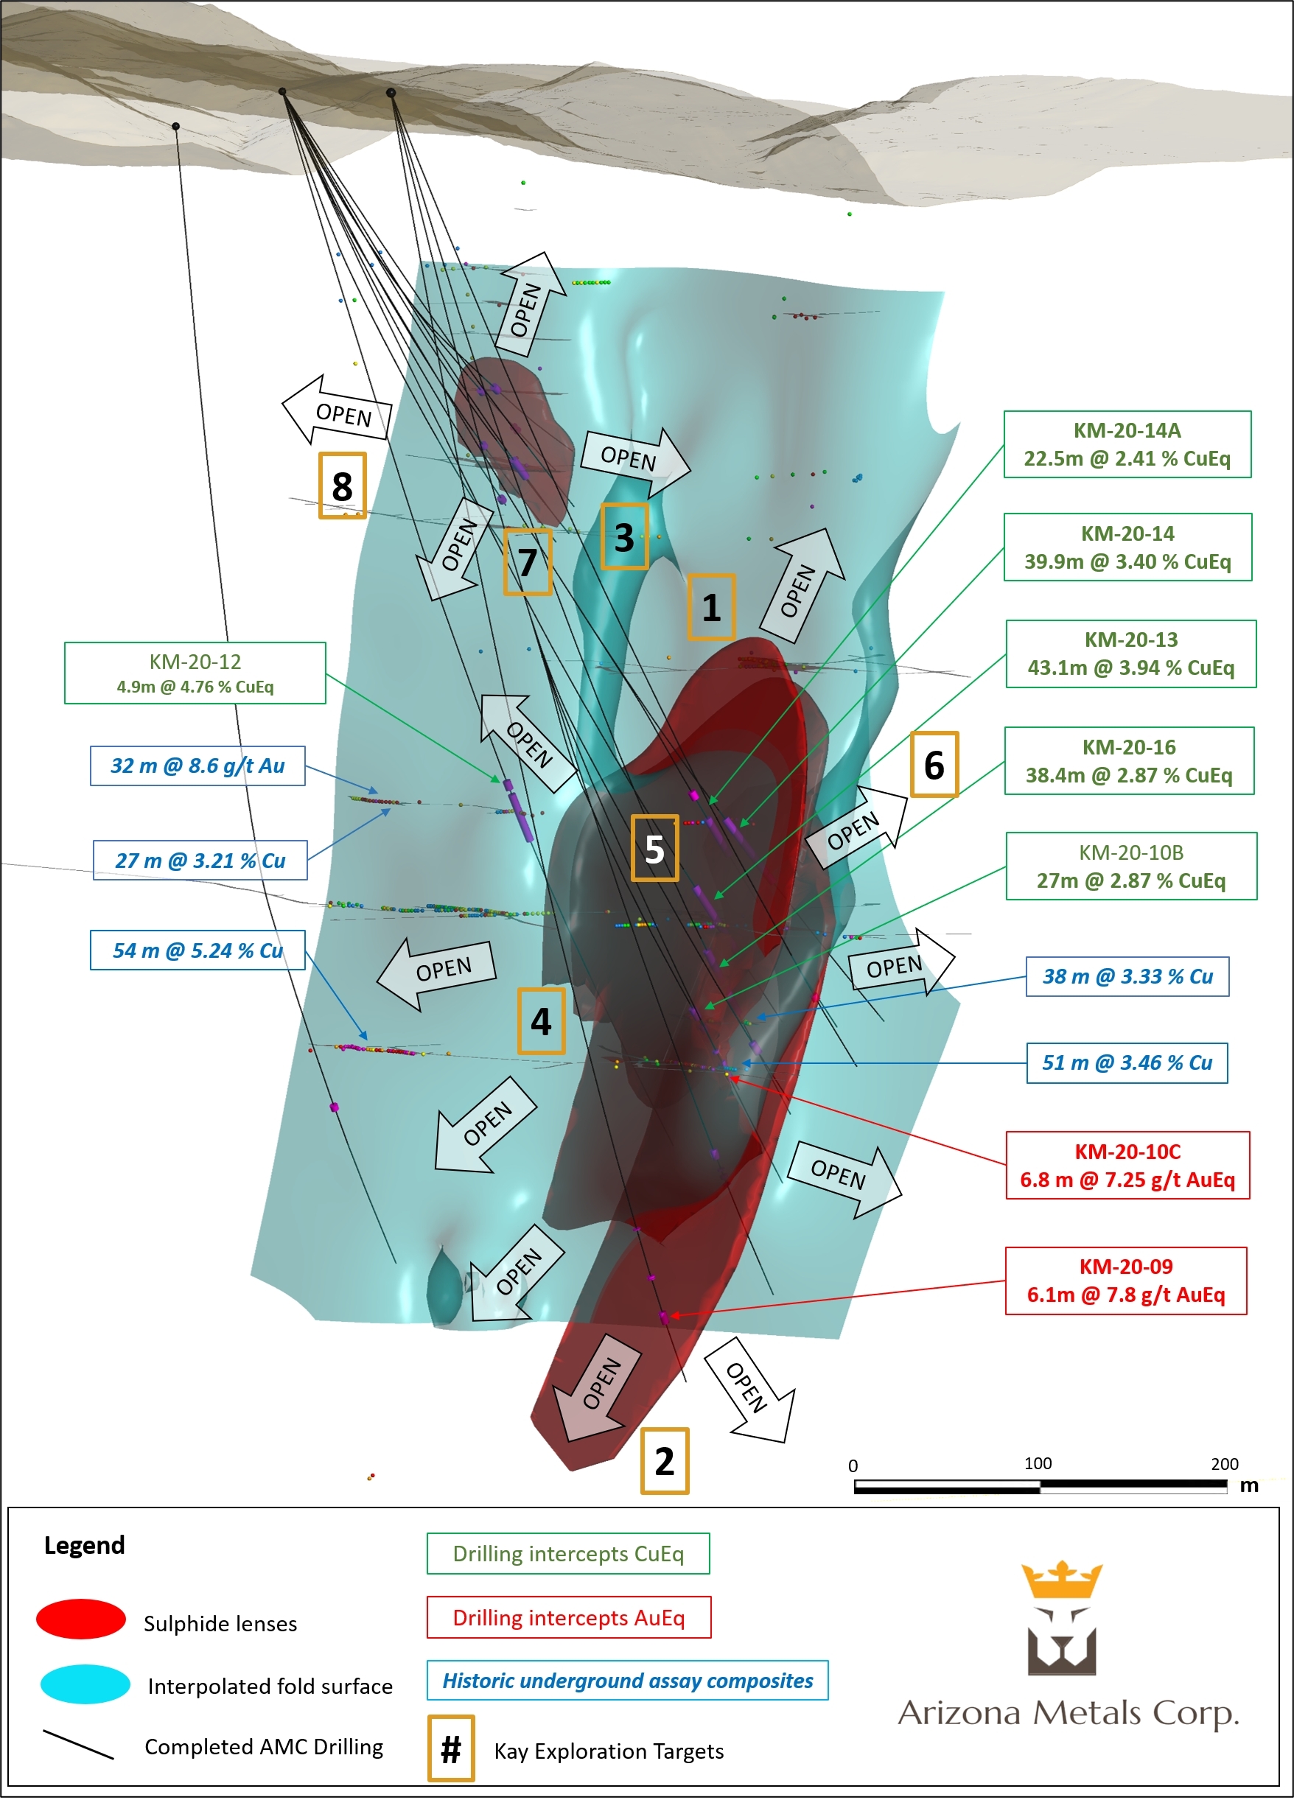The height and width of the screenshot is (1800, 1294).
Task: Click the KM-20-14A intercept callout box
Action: pos(1127,444)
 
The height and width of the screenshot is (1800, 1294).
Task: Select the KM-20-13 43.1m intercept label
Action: pos(1130,654)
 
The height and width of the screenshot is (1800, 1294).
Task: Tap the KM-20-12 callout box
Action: pos(195,673)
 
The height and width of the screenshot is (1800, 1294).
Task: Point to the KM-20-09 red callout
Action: pos(1126,1281)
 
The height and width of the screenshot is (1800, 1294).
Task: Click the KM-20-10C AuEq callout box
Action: pos(1127,1165)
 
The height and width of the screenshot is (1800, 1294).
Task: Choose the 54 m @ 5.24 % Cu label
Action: pos(197,950)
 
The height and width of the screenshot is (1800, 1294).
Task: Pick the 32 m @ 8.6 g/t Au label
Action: pos(197,766)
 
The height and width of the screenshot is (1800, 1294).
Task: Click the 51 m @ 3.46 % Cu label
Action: pos(1127,1062)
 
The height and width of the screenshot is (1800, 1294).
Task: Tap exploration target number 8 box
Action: pos(342,486)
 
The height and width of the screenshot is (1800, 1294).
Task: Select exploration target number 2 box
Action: pos(665,1461)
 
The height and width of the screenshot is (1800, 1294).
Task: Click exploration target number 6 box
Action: pos(934,764)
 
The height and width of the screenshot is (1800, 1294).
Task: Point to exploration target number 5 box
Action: pos(654,848)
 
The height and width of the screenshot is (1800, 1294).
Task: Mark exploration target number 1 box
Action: pos(710,607)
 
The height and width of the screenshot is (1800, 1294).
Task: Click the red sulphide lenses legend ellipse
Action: pos(81,1619)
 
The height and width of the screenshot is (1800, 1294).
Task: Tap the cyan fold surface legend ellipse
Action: pos(85,1684)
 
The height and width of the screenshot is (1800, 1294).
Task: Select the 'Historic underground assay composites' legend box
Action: pos(627,1680)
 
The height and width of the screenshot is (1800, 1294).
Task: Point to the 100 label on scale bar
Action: pos(1038,1463)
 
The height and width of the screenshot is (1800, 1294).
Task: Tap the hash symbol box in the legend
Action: pos(451,1748)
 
